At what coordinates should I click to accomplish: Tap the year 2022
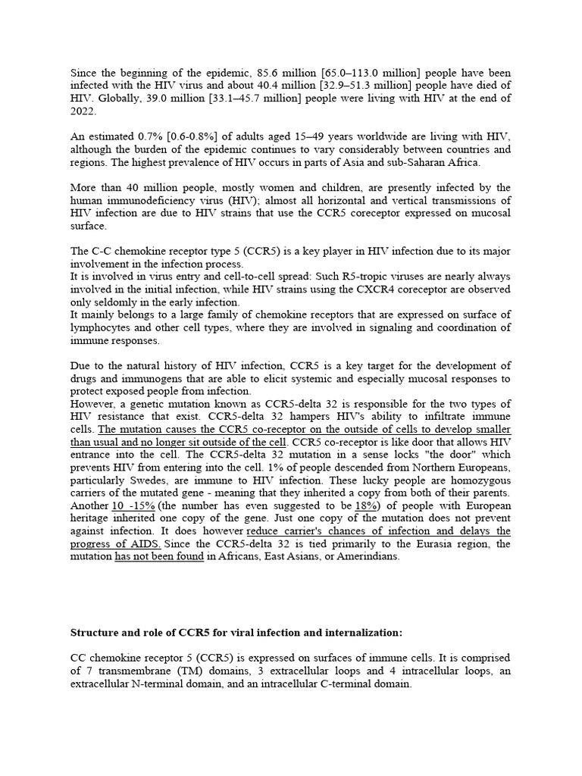tap(83, 111)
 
